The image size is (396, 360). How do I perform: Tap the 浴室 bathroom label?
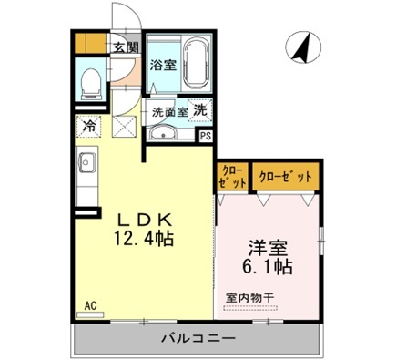161,65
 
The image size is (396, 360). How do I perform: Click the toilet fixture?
91,83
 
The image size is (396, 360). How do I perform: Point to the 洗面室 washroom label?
169,112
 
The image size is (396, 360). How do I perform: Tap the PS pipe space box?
206,136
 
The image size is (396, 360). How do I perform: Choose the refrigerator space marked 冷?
88,127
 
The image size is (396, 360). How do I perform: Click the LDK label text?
144,219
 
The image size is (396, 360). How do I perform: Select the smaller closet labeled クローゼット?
230,176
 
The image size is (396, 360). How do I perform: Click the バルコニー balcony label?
198,339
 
